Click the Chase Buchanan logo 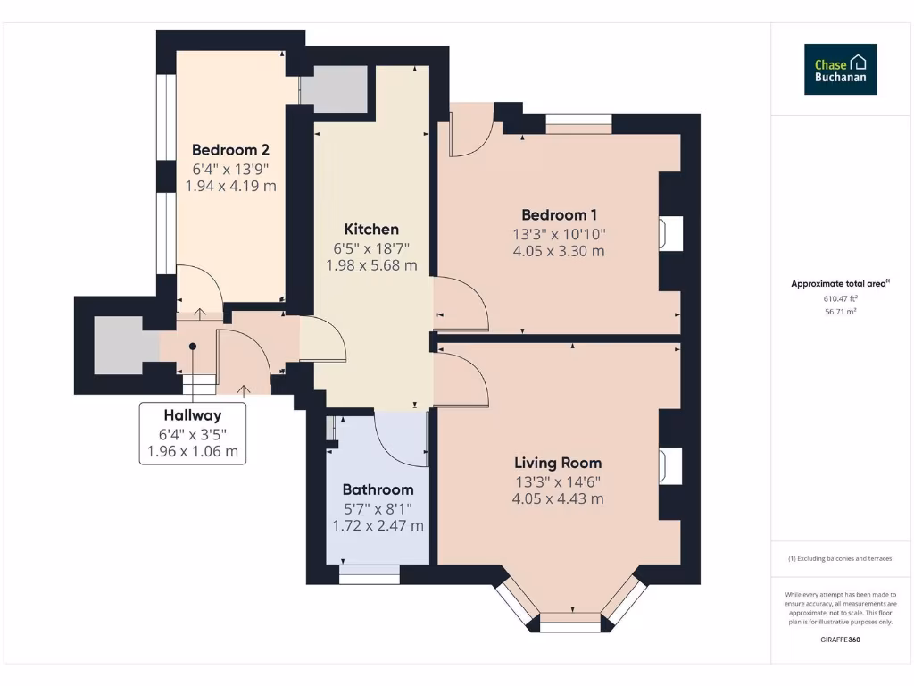(840, 70)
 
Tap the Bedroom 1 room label (559, 214)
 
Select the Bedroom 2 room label (230, 150)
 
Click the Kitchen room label (371, 230)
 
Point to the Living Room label (558, 463)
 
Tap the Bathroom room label (378, 489)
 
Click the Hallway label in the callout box (192, 415)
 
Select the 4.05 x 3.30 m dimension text (558, 251)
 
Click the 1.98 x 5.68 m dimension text (371, 265)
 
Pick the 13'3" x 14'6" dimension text (558, 481)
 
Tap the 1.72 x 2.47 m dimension (378, 525)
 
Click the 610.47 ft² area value (840, 299)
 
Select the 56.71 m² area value (840, 313)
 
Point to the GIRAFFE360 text (840, 640)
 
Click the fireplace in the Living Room (669, 466)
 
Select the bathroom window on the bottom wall (370, 576)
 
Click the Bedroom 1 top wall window (578, 123)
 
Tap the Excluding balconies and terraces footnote (840, 558)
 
